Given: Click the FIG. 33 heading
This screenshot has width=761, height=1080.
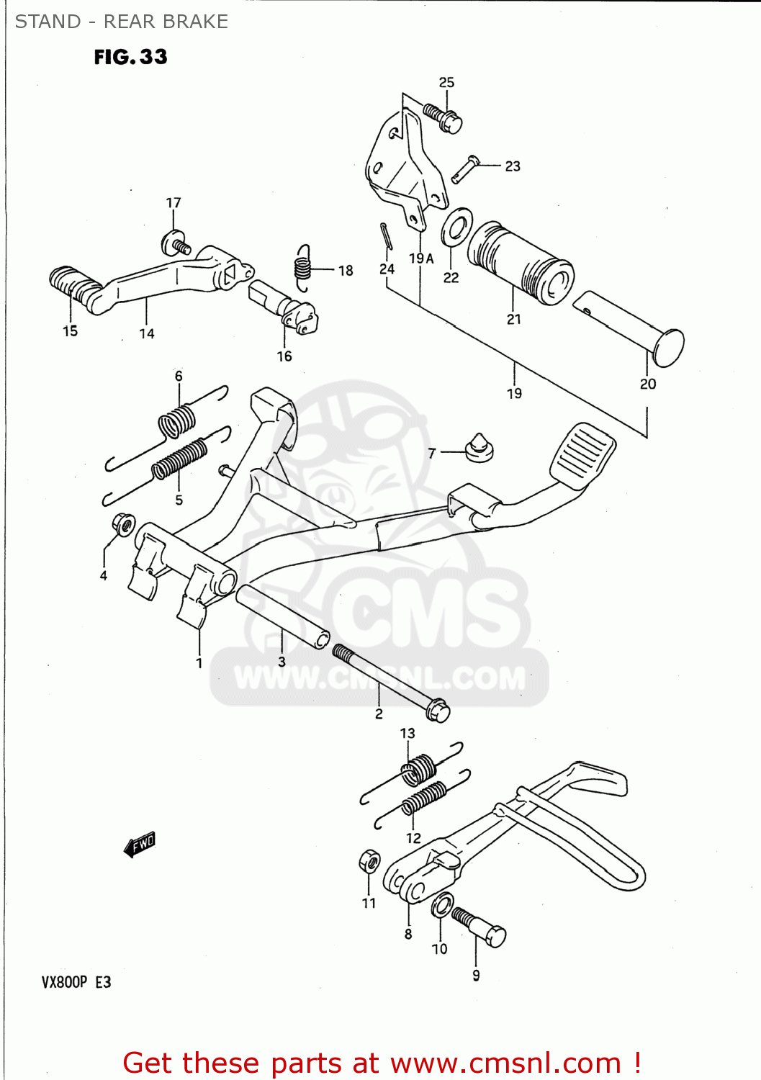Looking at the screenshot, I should (x=130, y=57).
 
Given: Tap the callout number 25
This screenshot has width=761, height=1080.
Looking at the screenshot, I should (x=446, y=82).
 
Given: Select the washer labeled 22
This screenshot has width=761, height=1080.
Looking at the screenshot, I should (x=456, y=227).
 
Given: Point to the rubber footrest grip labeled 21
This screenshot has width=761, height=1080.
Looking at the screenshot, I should (x=520, y=263).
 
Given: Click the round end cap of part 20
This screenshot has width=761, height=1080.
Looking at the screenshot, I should (x=668, y=348).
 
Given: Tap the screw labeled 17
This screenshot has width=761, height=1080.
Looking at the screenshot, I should (x=176, y=243).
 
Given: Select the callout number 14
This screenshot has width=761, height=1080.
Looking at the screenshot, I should (x=147, y=333).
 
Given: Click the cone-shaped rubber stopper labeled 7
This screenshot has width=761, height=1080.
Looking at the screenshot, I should (x=479, y=447).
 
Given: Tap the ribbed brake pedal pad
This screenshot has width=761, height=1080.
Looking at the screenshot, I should (x=583, y=454).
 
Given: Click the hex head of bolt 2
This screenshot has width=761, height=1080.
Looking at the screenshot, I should (x=438, y=711).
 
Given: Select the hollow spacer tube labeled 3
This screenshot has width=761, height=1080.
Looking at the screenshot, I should (x=283, y=617).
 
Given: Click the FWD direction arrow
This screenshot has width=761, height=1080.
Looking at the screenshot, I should (x=140, y=844).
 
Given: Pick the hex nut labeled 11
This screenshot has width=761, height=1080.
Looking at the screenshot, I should (x=369, y=860).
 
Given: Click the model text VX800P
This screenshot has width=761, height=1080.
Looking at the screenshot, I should (x=64, y=982).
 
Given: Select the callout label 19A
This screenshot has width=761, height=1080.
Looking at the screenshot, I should (x=421, y=258).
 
